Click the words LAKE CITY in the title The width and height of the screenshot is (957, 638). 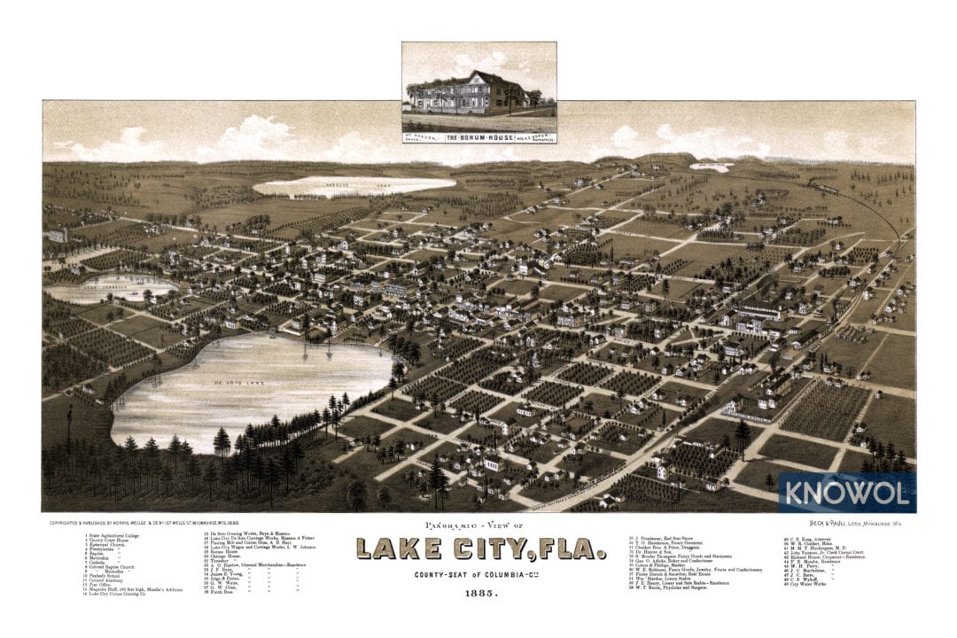pyautogui.click(x=452, y=549)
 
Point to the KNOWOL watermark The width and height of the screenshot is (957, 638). pyautogui.click(x=845, y=493)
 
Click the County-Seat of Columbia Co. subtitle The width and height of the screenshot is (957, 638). pyautogui.click(x=482, y=575)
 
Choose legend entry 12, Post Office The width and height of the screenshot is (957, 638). pyautogui.click(x=98, y=585)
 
